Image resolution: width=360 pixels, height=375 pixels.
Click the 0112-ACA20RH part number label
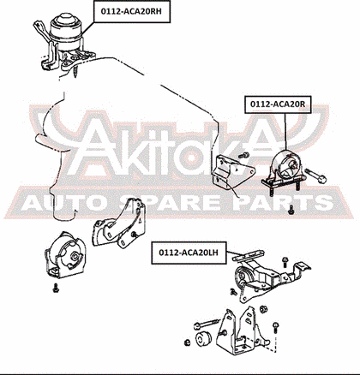point(132,11)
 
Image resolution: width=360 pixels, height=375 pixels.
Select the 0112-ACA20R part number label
point(278,104)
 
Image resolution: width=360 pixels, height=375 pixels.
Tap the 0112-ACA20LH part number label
point(189,253)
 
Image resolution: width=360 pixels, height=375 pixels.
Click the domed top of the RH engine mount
point(66,21)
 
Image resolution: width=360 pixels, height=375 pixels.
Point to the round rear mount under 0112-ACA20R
point(285,167)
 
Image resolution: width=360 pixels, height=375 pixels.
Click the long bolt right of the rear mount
point(316,176)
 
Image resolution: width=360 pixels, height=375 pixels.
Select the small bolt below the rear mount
point(291,210)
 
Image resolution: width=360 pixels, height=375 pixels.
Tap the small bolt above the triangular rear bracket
point(244,155)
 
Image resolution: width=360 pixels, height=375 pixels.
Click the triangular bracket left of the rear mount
point(231,172)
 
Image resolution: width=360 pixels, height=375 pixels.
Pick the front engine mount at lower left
point(66,255)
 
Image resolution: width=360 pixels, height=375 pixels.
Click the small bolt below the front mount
point(56,288)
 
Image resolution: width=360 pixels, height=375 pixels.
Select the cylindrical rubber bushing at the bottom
point(203,339)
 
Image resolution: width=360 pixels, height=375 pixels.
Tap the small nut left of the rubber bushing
point(188,342)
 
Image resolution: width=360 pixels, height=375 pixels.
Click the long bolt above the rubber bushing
point(207,324)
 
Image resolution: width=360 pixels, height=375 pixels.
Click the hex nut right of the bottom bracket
point(263,309)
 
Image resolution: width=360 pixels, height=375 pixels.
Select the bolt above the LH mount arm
point(285,262)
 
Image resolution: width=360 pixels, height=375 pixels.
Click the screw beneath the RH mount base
point(76,71)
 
